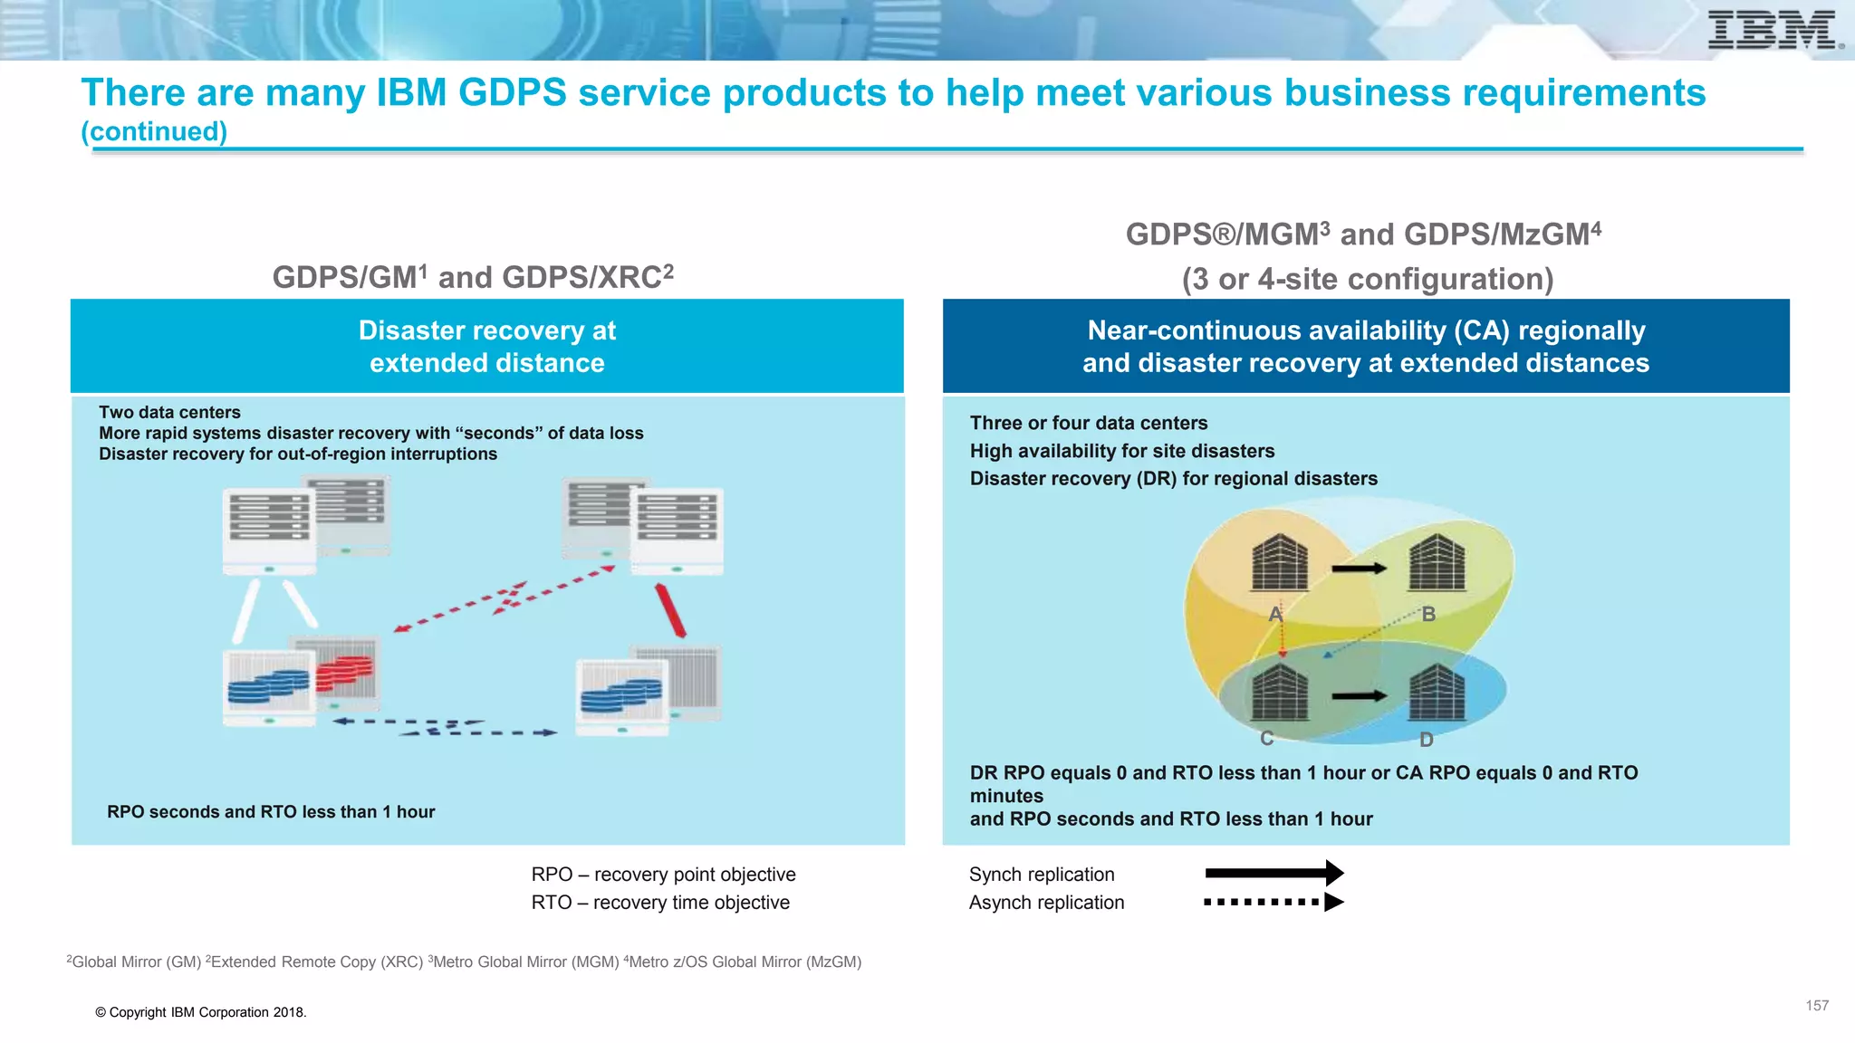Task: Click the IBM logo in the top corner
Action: [x=1773, y=31]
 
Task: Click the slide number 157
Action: [x=1816, y=1006]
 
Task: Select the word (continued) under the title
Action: [x=154, y=132]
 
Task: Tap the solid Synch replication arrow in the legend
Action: [x=1274, y=873]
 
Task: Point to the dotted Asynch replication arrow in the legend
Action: [x=1274, y=902]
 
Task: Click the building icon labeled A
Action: [x=1279, y=563]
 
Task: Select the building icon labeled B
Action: [x=1437, y=563]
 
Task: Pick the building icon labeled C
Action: [x=1279, y=692]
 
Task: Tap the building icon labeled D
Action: [x=1437, y=694]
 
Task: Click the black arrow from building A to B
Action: [x=1359, y=569]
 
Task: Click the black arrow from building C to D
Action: [x=1359, y=695]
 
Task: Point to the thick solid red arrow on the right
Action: [x=670, y=610]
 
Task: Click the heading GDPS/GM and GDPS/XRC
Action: [x=473, y=277]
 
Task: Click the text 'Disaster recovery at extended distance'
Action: [x=487, y=347]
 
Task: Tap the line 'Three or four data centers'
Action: [x=1089, y=423]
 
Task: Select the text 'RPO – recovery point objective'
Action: [x=663, y=875]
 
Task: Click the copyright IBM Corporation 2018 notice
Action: [x=201, y=1012]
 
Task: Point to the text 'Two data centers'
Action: [x=169, y=413]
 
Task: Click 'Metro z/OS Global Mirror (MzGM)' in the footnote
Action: [x=744, y=962]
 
